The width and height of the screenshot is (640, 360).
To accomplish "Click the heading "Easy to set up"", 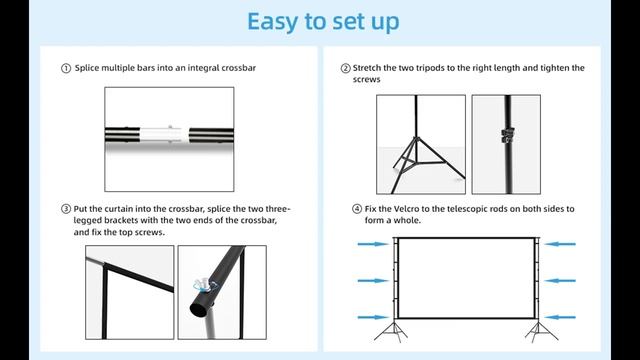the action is (323, 22).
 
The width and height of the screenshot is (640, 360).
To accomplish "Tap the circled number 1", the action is (66, 68).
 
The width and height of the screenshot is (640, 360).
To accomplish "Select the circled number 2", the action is (345, 68).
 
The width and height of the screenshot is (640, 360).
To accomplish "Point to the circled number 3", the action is (66, 209).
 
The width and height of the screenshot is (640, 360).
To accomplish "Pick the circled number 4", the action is (357, 209).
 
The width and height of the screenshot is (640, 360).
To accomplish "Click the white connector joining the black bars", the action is (164, 135).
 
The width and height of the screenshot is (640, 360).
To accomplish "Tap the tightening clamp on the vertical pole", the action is (507, 135).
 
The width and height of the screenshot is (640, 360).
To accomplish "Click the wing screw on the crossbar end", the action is (202, 284).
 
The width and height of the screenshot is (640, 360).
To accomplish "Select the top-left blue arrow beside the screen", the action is (373, 244).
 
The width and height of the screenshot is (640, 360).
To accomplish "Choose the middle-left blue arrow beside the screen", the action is (373, 281).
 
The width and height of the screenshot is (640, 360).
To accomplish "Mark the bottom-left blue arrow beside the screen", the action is (373, 317).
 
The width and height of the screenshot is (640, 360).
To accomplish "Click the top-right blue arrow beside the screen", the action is (560, 244).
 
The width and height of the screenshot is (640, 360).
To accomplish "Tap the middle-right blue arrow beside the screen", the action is (560, 281).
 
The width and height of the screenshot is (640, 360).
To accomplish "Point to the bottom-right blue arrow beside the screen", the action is (560, 317).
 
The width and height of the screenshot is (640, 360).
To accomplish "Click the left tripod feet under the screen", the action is (393, 332).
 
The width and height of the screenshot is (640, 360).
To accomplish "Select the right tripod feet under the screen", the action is (541, 332).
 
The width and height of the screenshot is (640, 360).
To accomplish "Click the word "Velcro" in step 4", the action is (406, 209).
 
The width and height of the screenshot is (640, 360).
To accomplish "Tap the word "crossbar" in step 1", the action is (238, 68).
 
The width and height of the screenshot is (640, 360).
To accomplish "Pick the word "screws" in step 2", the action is (367, 80).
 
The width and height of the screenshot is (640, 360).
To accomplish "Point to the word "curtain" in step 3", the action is (118, 209).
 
